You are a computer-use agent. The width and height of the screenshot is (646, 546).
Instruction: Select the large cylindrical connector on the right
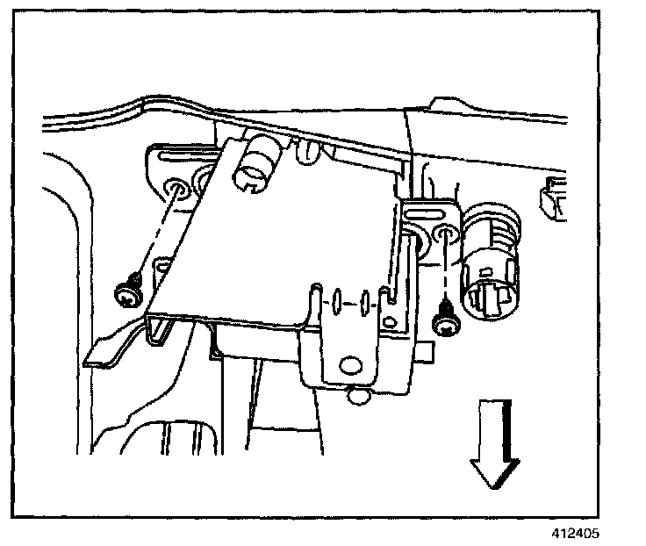[x=489, y=263]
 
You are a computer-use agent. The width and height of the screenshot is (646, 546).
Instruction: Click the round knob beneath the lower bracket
[x=356, y=398]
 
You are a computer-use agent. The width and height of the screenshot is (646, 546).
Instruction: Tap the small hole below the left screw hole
[x=163, y=262]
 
